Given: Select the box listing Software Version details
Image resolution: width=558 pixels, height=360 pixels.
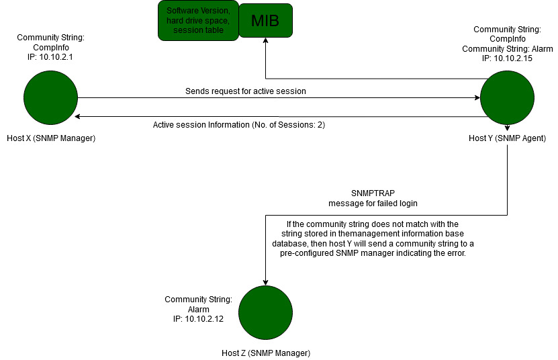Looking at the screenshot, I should tap(197, 21).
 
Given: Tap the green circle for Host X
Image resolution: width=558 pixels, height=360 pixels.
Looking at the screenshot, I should tap(50, 98).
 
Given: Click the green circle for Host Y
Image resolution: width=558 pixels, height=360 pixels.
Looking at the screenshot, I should tap(507, 98).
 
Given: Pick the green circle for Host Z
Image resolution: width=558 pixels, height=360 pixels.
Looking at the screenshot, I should tap(265, 312).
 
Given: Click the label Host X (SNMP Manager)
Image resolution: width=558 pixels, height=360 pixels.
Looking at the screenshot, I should tap(51, 138).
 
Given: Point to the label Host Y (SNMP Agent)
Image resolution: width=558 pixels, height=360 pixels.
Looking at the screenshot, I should tap(507, 138).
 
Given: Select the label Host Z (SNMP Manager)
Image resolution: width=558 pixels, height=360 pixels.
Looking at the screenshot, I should tap(266, 353).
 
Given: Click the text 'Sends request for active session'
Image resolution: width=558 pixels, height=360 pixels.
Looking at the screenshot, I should tap(246, 91).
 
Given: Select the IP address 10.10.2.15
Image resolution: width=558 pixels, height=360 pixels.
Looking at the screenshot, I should tap(507, 58).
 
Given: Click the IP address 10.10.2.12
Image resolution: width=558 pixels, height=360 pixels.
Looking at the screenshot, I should tap(198, 319).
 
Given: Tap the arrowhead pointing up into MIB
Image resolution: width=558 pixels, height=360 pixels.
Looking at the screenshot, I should tap(266, 42).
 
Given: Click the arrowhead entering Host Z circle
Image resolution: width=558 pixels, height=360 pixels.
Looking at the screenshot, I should tap(266, 282).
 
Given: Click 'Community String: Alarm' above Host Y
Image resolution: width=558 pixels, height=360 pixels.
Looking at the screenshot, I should tap(507, 48).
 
